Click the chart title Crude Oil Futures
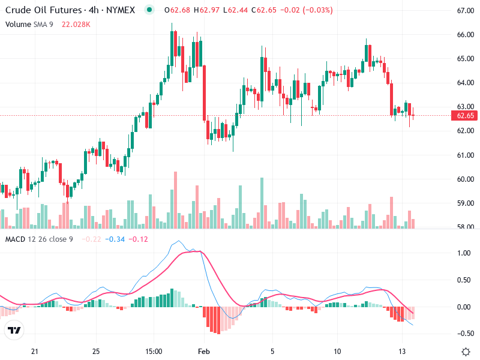pyautogui.click(x=39, y=10)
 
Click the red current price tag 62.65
pyautogui.click(x=465, y=115)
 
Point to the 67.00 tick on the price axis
pyautogui.click(x=465, y=11)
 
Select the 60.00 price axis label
pyautogui.click(x=465, y=179)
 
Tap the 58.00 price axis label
pyautogui.click(x=465, y=227)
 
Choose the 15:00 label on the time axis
pyautogui.click(x=154, y=351)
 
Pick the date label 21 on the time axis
pyautogui.click(x=35, y=351)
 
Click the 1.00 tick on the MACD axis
pyautogui.click(x=463, y=253)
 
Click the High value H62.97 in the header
pyautogui.click(x=194, y=10)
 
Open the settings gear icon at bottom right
pyautogui.click(x=466, y=351)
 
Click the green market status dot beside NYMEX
pyautogui.click(x=149, y=10)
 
